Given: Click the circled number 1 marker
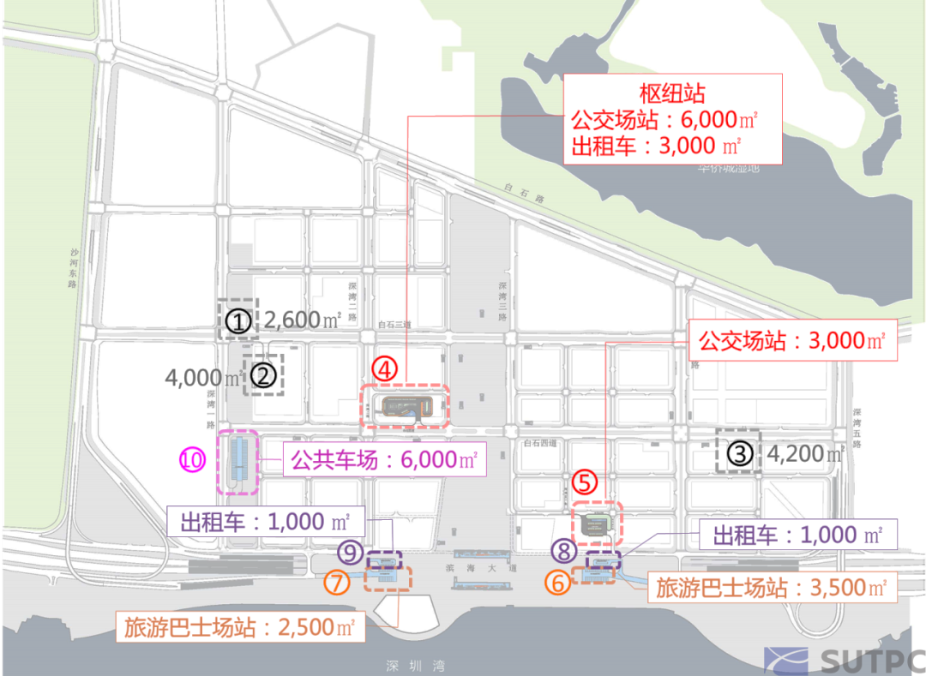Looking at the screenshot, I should pos(240,321).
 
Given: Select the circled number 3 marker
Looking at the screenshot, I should pos(740,452).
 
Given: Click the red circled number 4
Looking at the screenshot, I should pos(386,369).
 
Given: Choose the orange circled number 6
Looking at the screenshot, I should pos(558,583).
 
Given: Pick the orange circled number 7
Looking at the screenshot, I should pos(337,583).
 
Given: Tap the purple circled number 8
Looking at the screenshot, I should pos(562,550).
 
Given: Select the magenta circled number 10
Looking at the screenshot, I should pos(193,460).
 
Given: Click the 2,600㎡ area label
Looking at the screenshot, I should pos(303,320).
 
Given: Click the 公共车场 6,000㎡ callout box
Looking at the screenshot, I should pos(383,460).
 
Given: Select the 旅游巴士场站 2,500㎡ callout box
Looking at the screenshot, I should pos(240,626).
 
